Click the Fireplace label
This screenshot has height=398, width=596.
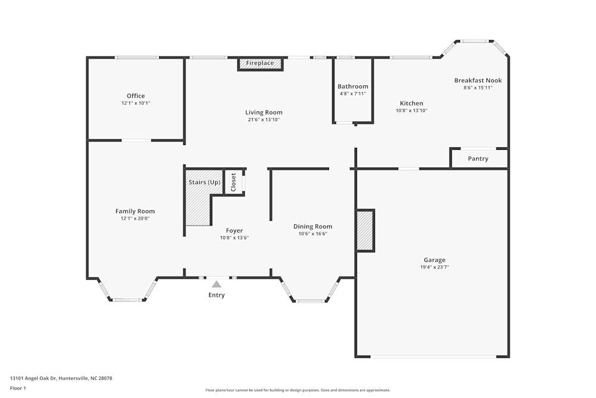click(260, 63)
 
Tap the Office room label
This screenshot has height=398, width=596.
click(136, 96)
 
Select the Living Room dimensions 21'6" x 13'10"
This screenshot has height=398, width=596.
click(263, 119)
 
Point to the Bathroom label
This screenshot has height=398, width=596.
click(353, 87)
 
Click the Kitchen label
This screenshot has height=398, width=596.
click(411, 103)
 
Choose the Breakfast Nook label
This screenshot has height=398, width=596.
click(478, 81)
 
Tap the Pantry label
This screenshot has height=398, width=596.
click(478, 159)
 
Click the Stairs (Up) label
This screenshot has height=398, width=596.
click(204, 182)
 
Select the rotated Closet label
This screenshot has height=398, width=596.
click(234, 182)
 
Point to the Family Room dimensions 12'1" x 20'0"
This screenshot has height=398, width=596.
click(135, 218)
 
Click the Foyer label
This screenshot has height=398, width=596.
click(234, 230)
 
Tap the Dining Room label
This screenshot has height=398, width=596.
click(312, 226)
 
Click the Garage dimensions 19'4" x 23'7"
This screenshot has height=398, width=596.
click(434, 267)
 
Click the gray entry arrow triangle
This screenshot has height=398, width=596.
click(217, 284)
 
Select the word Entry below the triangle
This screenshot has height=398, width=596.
click(216, 295)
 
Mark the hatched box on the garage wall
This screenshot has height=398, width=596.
click(365, 230)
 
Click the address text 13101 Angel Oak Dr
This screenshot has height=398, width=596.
click(33, 378)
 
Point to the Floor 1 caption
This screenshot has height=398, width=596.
click(18, 388)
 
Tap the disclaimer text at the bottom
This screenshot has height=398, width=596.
click(297, 390)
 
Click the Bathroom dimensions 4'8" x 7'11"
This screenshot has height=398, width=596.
click(353, 94)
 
